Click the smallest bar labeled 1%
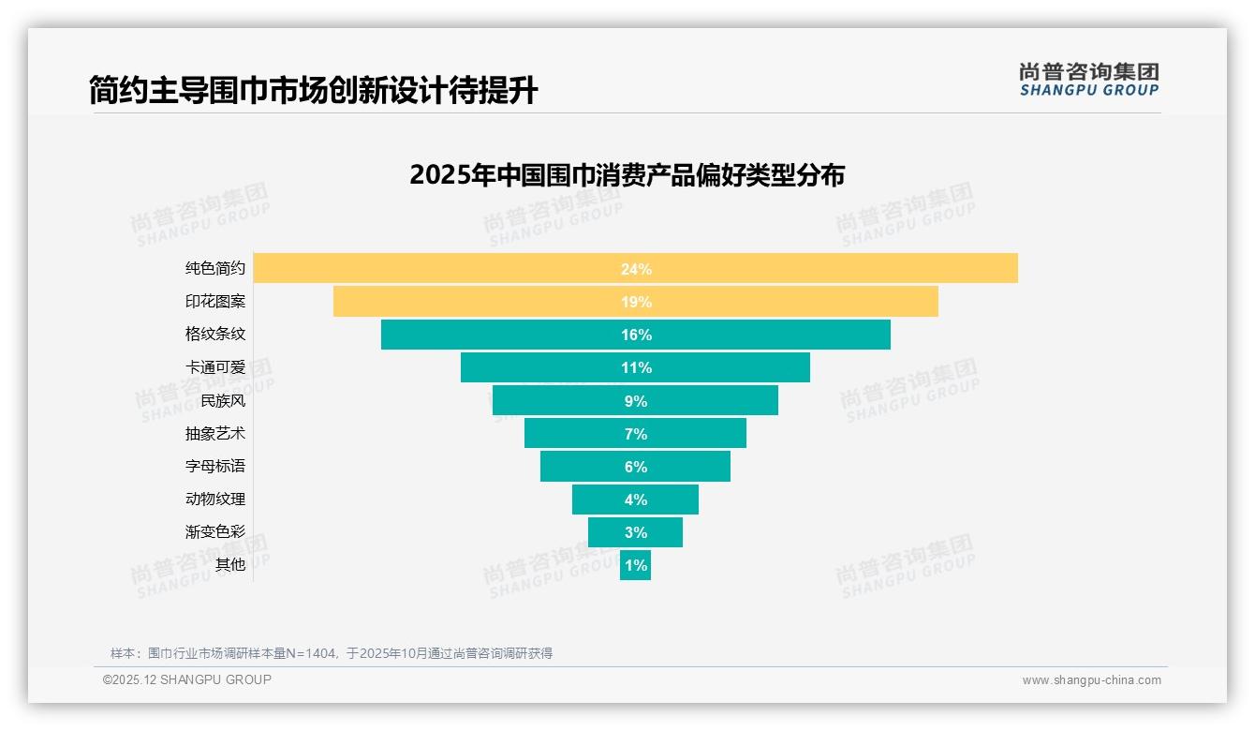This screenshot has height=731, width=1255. click(635, 565)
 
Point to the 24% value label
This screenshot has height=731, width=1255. click(635, 269)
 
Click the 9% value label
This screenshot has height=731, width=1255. click(635, 401)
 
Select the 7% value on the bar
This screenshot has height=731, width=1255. click(635, 434)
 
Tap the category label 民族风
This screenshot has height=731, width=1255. click(223, 400)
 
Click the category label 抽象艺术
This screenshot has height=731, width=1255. click(215, 433)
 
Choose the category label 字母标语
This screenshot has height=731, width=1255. click(215, 466)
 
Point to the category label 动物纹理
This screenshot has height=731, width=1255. click(215, 499)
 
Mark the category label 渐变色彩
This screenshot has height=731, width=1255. click(215, 531)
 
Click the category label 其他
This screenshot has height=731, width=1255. click(230, 564)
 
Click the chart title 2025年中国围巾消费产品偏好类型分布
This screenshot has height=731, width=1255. click(627, 175)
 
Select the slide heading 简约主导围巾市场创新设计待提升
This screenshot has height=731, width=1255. click(314, 90)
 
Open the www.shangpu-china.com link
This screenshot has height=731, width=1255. click(1091, 680)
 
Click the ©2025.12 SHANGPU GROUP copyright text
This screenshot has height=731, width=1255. click(187, 679)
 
